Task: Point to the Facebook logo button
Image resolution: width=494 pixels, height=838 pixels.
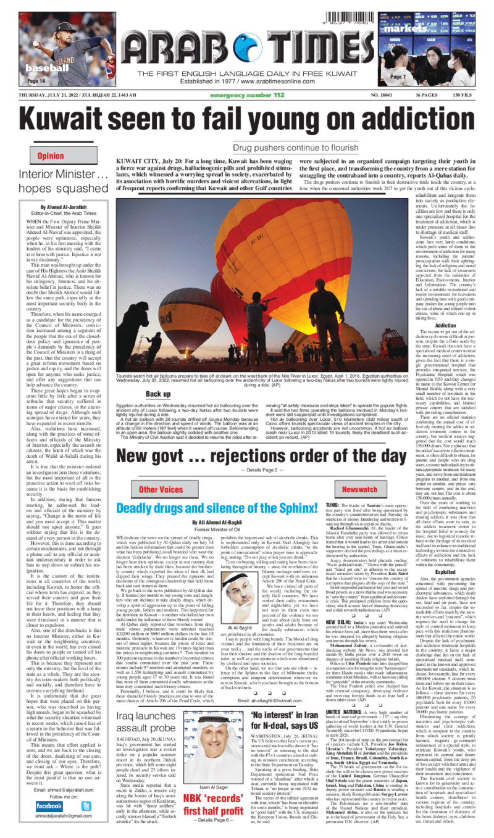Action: pos(49,806)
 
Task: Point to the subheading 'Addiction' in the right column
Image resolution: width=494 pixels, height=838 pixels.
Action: pos(445,325)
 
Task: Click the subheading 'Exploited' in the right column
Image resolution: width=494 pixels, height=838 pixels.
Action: pos(445,555)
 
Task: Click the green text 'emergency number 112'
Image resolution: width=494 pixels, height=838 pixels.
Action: pos(246,95)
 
